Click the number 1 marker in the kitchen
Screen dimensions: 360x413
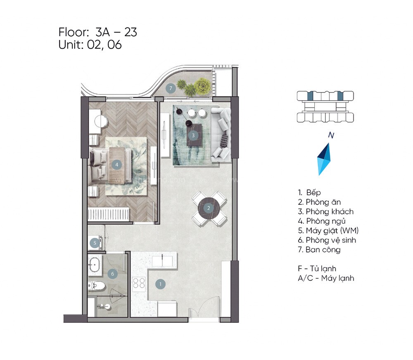pos(160,284)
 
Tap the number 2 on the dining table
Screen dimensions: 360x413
pos(209,208)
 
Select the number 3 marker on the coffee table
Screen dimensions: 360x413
pos(193,135)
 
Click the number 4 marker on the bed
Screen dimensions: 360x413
pos(117,164)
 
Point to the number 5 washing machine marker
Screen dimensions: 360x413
pos(95,243)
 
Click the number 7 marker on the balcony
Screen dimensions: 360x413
pos(170,88)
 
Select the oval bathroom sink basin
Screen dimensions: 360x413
pos(95,263)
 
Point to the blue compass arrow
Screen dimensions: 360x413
pos(325,159)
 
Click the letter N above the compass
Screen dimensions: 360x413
pos(330,135)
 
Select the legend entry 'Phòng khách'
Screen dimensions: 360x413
pos(329,211)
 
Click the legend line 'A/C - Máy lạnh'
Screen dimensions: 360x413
pos(326,278)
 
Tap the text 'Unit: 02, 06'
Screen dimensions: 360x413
pos(90,45)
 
